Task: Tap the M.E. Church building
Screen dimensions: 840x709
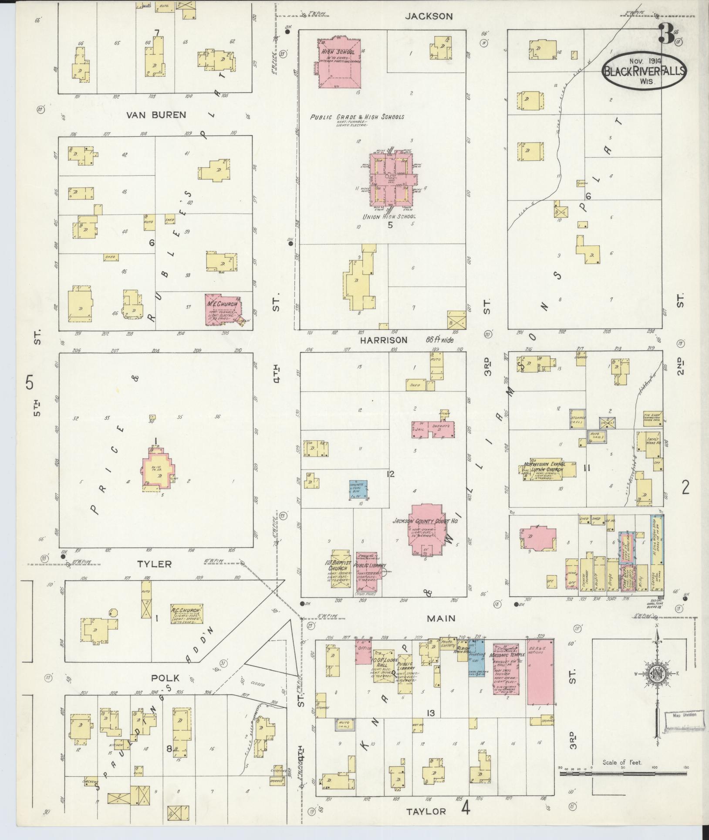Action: tap(223, 309)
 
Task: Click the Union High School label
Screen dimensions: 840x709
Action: tap(389, 217)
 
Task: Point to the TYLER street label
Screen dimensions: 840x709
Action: tap(154, 564)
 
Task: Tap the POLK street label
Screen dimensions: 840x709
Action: tap(165, 678)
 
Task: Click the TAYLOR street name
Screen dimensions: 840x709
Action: tap(426, 811)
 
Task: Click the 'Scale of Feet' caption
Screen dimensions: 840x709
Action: tap(622, 762)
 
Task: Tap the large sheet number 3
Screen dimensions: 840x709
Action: tap(665, 34)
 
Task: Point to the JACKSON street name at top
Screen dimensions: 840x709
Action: tap(429, 16)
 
